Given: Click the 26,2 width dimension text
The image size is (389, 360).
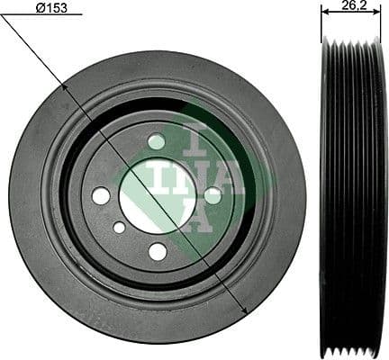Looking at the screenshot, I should coord(353,6).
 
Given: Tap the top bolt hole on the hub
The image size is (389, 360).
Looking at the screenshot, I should coord(157,141).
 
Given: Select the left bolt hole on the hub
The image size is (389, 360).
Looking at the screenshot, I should coord(101,195).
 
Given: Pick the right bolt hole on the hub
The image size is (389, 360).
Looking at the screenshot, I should coord(213,194).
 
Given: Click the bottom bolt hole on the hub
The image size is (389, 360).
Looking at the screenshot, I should coord(158,251).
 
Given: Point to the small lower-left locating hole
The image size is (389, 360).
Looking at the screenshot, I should coord(119,228).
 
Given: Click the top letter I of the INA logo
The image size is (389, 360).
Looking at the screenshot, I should coord(198,140).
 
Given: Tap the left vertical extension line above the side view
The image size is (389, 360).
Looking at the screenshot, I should coord(321,22).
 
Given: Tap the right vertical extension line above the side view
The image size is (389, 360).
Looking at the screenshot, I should coord(381,22).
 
